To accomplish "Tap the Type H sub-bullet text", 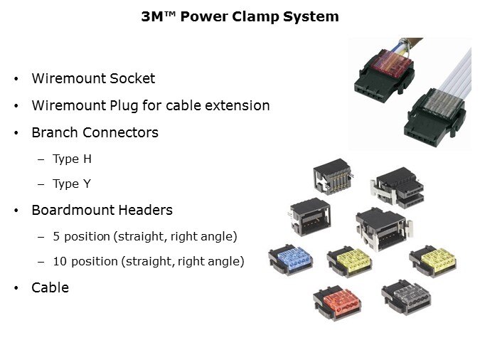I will click(x=72, y=159).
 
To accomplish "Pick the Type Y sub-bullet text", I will click(x=71, y=184).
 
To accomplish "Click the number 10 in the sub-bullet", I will click(x=60, y=261).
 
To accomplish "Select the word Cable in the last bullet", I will click(x=50, y=287).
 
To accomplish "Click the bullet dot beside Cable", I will click(x=16, y=288).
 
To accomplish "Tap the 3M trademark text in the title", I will click(x=161, y=16).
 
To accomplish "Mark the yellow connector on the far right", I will click(x=434, y=261).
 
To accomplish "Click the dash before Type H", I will click(x=41, y=159).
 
